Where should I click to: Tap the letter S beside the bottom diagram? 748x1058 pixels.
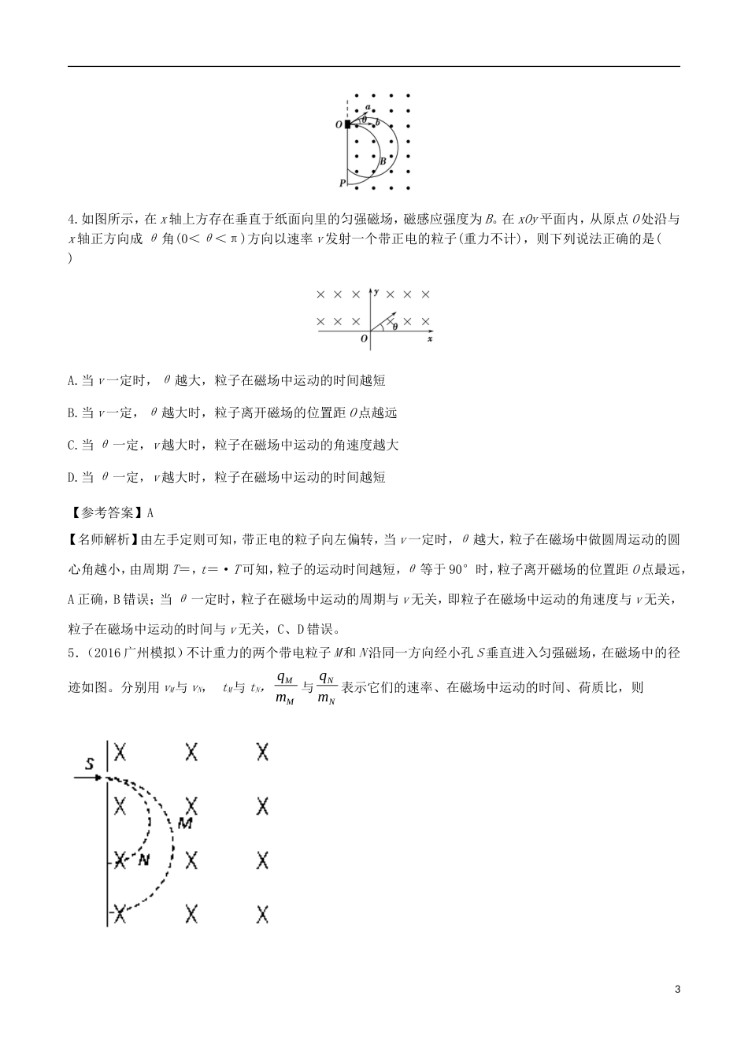click(x=90, y=763)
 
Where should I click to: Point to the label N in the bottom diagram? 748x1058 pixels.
click(x=143, y=860)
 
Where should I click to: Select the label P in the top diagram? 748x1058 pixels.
click(x=342, y=183)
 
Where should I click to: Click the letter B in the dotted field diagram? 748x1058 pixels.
click(x=383, y=161)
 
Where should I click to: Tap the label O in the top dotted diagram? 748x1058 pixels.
click(x=338, y=124)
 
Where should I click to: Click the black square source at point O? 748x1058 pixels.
click(x=347, y=124)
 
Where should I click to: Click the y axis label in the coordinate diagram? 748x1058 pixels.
click(x=377, y=292)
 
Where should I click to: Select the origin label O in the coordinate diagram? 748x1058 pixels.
click(x=364, y=338)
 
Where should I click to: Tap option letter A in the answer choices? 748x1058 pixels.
click(x=72, y=381)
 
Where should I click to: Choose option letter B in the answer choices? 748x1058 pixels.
click(x=72, y=412)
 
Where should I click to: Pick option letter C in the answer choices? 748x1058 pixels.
click(x=72, y=445)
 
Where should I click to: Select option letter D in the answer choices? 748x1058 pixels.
click(x=72, y=477)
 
